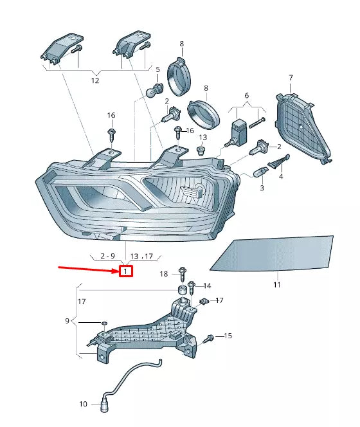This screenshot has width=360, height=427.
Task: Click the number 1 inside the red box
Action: (126, 271)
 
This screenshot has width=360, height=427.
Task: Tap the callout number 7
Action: (290, 78)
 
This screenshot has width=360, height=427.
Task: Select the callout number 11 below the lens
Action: (277, 284)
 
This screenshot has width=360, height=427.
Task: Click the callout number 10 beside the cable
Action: (83, 404)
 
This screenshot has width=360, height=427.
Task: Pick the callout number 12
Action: (95, 81)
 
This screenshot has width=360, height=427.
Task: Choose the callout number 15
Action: (228, 336)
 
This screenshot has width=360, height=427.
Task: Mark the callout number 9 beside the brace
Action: (67, 321)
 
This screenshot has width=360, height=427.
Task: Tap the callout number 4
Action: (280, 176)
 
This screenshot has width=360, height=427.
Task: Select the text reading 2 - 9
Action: (104, 256)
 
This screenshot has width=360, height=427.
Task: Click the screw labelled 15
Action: (210, 338)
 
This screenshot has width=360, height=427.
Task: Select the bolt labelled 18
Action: (182, 273)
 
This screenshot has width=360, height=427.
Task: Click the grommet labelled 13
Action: (201, 152)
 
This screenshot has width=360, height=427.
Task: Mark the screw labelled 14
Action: (192, 286)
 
